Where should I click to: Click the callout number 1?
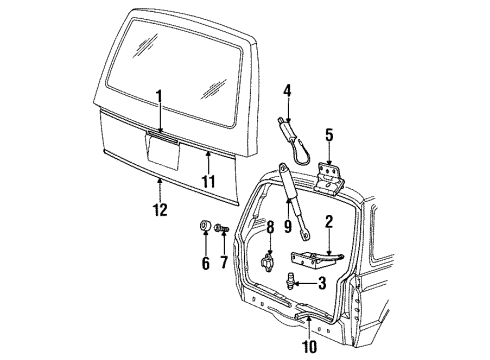158,96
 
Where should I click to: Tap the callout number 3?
321,283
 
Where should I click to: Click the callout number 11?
209,182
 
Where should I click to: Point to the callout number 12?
161,209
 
